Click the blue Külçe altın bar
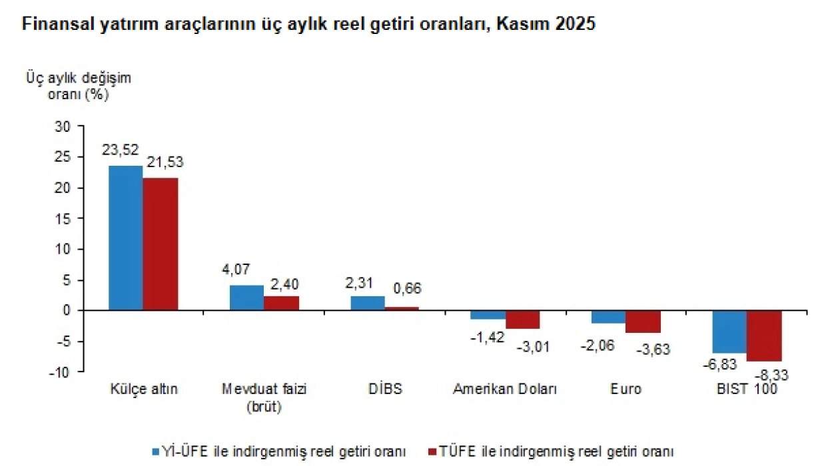coord(125,238)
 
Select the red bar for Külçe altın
coord(161,244)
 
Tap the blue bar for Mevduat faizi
coord(246,298)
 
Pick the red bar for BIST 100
coord(764,336)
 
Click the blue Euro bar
coord(608,317)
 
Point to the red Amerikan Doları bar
coord(522,320)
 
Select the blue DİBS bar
coord(368,303)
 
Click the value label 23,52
coord(119,150)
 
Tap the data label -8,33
coord(771,376)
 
